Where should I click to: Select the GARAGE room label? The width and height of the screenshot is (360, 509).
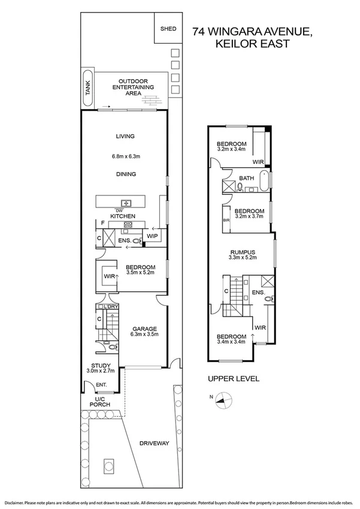pos(145,329)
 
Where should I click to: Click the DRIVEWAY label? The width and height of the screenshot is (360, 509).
pos(154,444)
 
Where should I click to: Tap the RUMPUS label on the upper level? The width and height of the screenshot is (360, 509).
pos(243,252)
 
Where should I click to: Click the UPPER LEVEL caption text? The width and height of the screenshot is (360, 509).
pos(233,379)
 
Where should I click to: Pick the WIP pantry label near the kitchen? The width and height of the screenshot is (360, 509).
pos(152,236)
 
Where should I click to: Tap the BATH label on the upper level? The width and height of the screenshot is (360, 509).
pos(246,179)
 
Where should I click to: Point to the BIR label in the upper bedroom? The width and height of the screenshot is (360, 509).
pos(226,221)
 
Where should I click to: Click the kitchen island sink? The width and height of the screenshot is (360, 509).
pos(126,203)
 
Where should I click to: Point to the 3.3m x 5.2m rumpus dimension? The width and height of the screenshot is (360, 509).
pos(243,258)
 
